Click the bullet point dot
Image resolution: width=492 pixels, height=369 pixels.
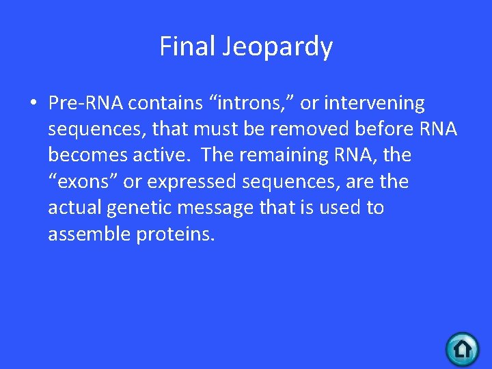point(33,105)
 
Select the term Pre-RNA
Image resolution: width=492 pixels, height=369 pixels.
point(85,103)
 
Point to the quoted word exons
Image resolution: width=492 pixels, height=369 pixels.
point(83,182)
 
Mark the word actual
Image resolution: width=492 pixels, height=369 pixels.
point(74,208)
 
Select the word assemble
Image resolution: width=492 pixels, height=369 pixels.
point(89,234)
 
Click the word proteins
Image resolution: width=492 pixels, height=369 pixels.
point(176,234)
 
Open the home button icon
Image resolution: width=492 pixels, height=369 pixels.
point(463,350)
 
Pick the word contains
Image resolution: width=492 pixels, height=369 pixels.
point(164,103)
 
